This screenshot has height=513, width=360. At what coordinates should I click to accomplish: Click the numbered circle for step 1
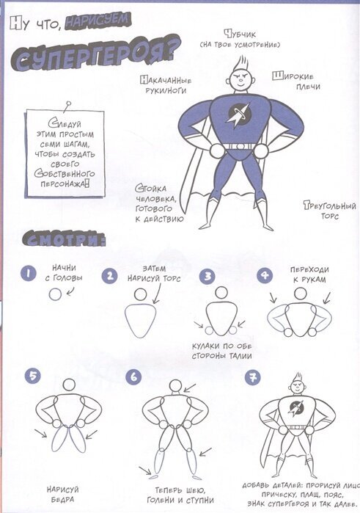coord(29,274)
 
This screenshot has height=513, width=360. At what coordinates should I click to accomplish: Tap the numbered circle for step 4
coord(265,275)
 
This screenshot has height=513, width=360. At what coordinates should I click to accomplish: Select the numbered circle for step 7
coord(252,378)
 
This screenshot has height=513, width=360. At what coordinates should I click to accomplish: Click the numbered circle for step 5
coord(32,376)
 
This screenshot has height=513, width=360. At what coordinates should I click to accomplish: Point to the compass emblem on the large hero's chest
coord(239,114)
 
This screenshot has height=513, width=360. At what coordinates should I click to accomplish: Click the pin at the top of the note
coord(67,106)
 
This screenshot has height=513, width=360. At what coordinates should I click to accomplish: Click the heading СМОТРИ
coord(64,239)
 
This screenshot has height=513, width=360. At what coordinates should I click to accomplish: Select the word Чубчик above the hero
coord(240,34)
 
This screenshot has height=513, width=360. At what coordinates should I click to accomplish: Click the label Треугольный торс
coord(329,211)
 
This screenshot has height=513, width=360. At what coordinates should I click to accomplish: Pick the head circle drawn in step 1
coord(55,294)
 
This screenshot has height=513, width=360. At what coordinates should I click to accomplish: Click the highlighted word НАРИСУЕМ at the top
coord(98,21)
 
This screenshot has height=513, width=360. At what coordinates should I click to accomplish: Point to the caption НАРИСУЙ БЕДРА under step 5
coord(63,495)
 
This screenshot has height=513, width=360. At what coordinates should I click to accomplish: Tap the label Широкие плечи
coord(296,81)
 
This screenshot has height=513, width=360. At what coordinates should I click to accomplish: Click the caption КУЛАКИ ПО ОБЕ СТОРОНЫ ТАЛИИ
coord(221,351)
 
